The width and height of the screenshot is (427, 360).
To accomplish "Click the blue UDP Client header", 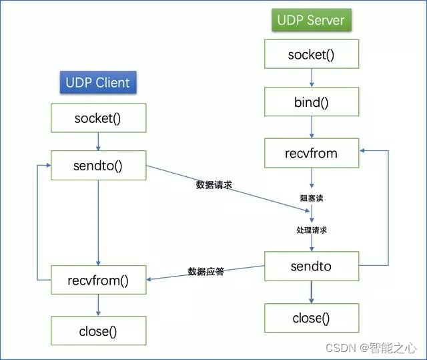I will tap(97, 83).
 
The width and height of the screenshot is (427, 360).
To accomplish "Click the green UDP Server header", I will tap(311, 19).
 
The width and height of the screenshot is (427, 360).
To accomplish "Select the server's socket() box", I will tap(311, 54).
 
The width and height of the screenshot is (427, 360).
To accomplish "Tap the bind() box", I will tap(311, 103).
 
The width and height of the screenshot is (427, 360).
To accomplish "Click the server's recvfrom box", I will tap(311, 153).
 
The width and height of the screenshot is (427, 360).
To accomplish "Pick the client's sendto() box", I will tap(99, 165).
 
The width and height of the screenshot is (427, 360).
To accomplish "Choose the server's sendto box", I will tap(311, 266).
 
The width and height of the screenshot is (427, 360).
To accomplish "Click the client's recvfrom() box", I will tap(99, 280).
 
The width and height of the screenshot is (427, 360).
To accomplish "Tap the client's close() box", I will tap(99, 330).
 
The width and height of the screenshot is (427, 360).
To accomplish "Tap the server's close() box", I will tap(311, 318).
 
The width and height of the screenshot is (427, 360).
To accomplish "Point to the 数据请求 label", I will tap(213, 185).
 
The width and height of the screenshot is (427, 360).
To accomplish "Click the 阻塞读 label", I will tap(311, 198).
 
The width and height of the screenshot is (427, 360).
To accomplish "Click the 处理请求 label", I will tap(311, 230).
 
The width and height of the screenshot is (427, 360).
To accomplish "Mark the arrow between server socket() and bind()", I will tap(311, 78).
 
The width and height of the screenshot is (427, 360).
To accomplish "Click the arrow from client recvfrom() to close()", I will tap(99, 305).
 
